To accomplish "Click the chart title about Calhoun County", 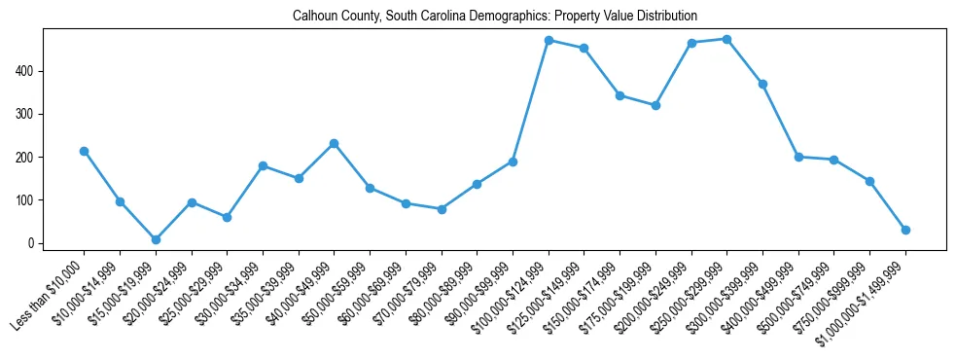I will coord(495,17).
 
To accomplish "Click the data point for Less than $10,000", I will coord(85,151).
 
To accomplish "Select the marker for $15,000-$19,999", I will coord(156,239).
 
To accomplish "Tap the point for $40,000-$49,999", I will coord(335,143).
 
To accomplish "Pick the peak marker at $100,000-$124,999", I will coord(549,40).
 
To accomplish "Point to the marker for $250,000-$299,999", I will coord(727,39).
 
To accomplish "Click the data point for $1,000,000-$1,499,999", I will coord(905,230).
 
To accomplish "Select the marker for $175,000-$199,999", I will coord(655,105).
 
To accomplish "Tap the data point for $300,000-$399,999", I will coord(762,84).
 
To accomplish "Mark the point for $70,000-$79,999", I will coord(442,209).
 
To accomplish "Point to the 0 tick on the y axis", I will coord(30,243).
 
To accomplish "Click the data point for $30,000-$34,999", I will coord(263,166).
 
